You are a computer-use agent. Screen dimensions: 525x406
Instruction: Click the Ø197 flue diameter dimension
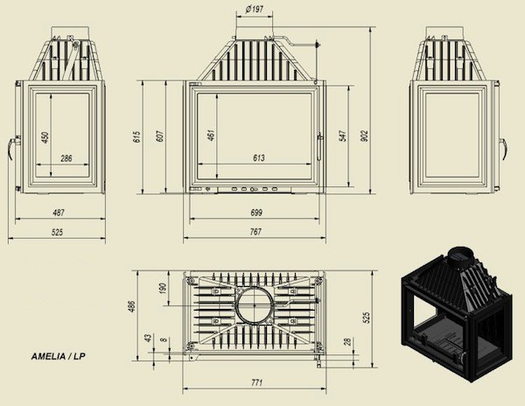[x=254, y=9]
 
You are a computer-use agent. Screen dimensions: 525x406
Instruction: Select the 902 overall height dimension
[x=365, y=136]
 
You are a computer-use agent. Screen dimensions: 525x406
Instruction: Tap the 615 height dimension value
[x=137, y=136]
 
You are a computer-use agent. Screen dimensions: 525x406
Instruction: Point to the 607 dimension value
[x=160, y=136]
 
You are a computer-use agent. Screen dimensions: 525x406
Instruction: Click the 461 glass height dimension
[x=211, y=135]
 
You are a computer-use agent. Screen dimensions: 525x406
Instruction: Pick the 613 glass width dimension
[x=259, y=157]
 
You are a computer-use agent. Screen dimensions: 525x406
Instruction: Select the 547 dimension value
[x=343, y=136]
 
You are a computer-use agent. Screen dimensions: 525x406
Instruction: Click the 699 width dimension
[x=256, y=213]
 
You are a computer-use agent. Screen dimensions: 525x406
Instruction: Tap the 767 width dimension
[x=255, y=232]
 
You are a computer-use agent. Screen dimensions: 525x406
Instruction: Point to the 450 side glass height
[x=45, y=137]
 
